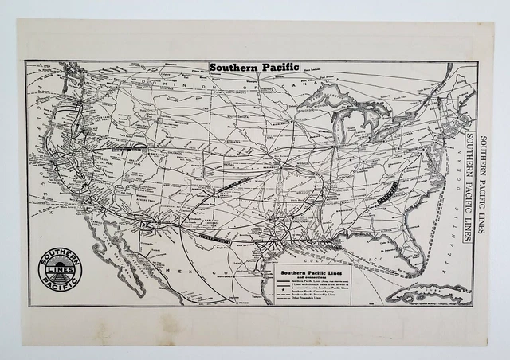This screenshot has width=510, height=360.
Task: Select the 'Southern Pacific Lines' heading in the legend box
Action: click(x=311, y=269)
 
